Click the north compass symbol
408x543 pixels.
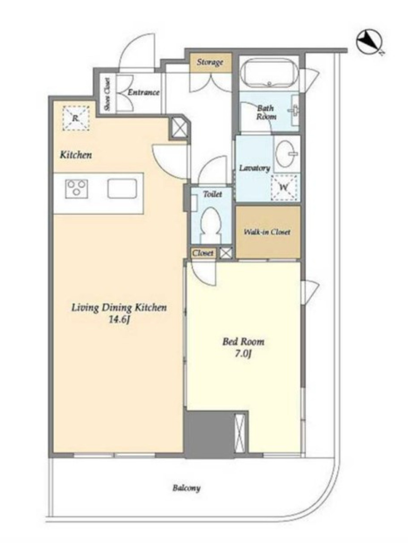click(369, 42)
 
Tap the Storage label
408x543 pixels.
click(210, 63)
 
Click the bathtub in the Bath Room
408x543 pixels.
click(269, 74)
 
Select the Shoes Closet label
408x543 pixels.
click(107, 94)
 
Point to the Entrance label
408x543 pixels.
click(143, 92)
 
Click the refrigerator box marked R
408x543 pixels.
click(76, 118)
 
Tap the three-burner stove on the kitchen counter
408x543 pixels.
click(76, 189)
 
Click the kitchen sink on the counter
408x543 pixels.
click(122, 189)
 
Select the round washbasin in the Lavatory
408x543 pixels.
click(287, 154)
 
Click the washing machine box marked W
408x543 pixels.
click(284, 187)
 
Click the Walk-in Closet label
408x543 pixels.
click(267, 232)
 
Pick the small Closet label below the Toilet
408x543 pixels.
click(203, 253)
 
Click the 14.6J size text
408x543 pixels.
click(120, 319)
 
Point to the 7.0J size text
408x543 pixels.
click(243, 354)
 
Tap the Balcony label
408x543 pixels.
click(186, 488)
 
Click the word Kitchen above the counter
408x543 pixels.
click(76, 155)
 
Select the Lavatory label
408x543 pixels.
click(254, 168)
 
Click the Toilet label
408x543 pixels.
click(212, 194)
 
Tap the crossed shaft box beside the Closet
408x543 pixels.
click(226, 253)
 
